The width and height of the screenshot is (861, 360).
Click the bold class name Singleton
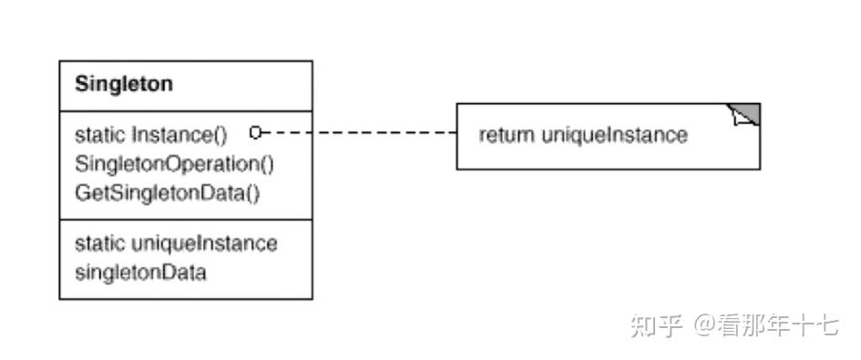[x=124, y=85]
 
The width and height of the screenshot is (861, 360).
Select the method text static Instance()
[x=150, y=135]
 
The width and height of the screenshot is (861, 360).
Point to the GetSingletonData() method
[x=168, y=193]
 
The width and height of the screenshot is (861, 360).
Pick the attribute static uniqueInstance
[x=176, y=243]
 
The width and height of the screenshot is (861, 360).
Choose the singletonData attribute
[x=140, y=272]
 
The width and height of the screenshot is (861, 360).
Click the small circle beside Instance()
[x=256, y=133]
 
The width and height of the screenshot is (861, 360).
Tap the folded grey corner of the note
[x=747, y=114]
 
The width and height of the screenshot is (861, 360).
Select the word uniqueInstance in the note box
[x=614, y=136]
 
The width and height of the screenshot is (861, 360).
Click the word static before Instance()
[x=100, y=135]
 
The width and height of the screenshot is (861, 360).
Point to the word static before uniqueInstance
[x=100, y=243]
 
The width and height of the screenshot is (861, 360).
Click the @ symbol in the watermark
[x=704, y=324]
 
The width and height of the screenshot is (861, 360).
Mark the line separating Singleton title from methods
[x=186, y=112]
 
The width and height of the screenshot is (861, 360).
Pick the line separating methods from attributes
[x=186, y=220]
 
